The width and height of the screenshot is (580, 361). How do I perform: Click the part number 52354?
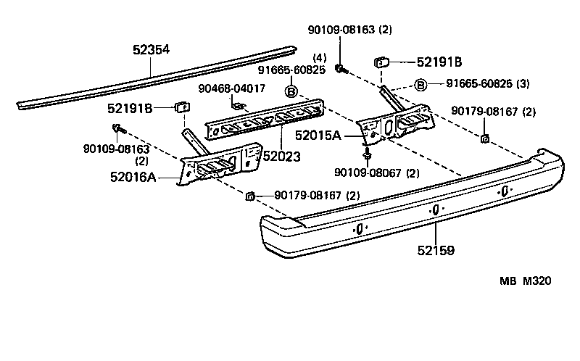151,49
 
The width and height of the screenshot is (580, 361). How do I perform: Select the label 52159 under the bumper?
436,252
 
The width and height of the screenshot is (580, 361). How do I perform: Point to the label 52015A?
336,136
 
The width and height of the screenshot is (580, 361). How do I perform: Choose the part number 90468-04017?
232,88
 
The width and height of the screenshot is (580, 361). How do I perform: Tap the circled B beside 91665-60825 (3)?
420,86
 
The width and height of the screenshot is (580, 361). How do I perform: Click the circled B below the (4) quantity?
290,91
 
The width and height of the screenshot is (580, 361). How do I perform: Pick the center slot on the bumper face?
434,209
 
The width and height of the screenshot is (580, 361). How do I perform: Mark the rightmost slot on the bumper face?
502,191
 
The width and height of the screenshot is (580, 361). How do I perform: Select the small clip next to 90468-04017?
238,104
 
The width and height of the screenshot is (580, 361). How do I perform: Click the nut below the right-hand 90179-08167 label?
484,137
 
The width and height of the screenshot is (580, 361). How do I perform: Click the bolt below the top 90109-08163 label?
339,68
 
